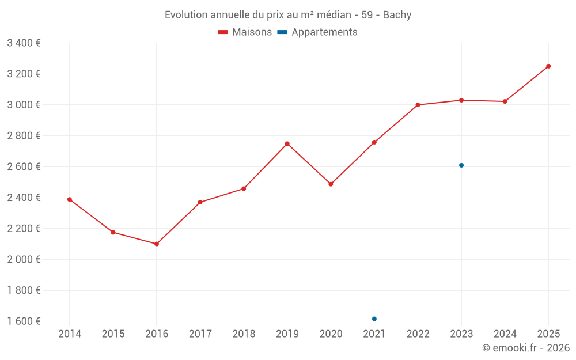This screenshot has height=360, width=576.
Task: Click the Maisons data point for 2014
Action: (x=70, y=199)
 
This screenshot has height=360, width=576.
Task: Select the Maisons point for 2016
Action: (x=157, y=244)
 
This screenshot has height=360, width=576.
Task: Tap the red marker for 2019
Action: (x=287, y=143)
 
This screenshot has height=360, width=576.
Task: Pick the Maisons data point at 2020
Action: (x=331, y=184)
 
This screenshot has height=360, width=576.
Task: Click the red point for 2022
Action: (x=418, y=105)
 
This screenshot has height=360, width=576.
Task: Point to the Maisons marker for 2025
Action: (x=548, y=66)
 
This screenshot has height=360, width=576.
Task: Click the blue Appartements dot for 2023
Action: (x=461, y=165)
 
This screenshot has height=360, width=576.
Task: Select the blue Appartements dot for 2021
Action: (x=374, y=319)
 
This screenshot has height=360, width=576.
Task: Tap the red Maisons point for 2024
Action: (x=505, y=101)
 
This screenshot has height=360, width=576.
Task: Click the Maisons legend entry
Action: (x=245, y=32)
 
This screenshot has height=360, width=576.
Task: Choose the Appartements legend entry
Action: (x=317, y=32)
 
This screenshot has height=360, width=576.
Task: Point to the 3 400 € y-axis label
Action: (x=24, y=43)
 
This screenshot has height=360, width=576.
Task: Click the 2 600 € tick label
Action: (x=24, y=166)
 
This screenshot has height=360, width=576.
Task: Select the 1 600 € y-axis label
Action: (x=24, y=321)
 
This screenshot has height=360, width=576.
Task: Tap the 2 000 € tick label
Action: (x=24, y=259)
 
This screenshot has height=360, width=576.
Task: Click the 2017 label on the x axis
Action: (x=200, y=334)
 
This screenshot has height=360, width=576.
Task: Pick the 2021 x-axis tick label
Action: (x=374, y=334)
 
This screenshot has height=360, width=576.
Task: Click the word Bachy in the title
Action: (x=397, y=15)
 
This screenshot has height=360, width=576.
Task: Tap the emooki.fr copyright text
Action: (x=525, y=348)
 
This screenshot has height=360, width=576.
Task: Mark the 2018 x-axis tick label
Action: (x=244, y=334)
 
